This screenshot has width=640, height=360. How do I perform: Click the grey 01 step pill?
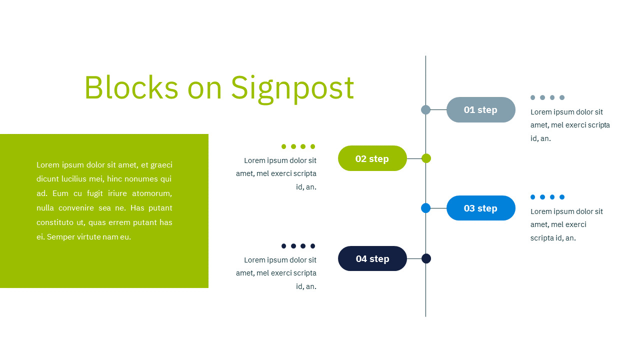tap(480, 110)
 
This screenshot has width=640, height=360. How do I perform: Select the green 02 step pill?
tap(372, 158)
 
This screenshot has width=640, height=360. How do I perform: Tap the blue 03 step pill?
tap(480, 208)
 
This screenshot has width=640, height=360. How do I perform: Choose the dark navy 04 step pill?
tap(372, 258)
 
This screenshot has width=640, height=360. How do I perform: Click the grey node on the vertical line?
tap(426, 110)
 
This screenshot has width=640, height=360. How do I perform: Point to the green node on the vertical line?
tap(426, 158)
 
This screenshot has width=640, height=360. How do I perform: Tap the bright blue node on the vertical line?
tap(426, 208)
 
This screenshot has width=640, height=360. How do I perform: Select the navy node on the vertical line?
tap(426, 258)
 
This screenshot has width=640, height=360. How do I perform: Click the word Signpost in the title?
tap(292, 88)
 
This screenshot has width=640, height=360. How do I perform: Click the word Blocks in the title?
tap(131, 88)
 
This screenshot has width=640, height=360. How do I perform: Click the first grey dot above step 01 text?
tap(533, 97)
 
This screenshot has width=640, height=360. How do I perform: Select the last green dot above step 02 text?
tap(313, 146)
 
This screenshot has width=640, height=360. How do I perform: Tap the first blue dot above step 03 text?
tap(533, 197)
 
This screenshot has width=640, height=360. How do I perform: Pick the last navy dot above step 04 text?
tap(313, 246)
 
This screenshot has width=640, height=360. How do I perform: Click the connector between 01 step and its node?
tap(438, 110)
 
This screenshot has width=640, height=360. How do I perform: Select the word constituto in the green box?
tap(55, 222)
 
